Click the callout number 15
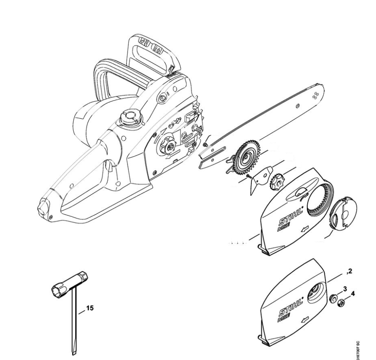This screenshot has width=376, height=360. [90, 308]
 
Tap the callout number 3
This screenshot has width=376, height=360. [345, 289]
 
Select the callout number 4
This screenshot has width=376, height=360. [353, 294]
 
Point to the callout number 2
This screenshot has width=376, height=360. [350, 271]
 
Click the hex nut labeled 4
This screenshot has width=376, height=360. [341, 303]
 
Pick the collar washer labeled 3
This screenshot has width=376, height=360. [333, 299]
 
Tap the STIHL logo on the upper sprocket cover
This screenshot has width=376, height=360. [291, 218]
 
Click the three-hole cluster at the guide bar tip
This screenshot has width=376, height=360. [315, 95]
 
